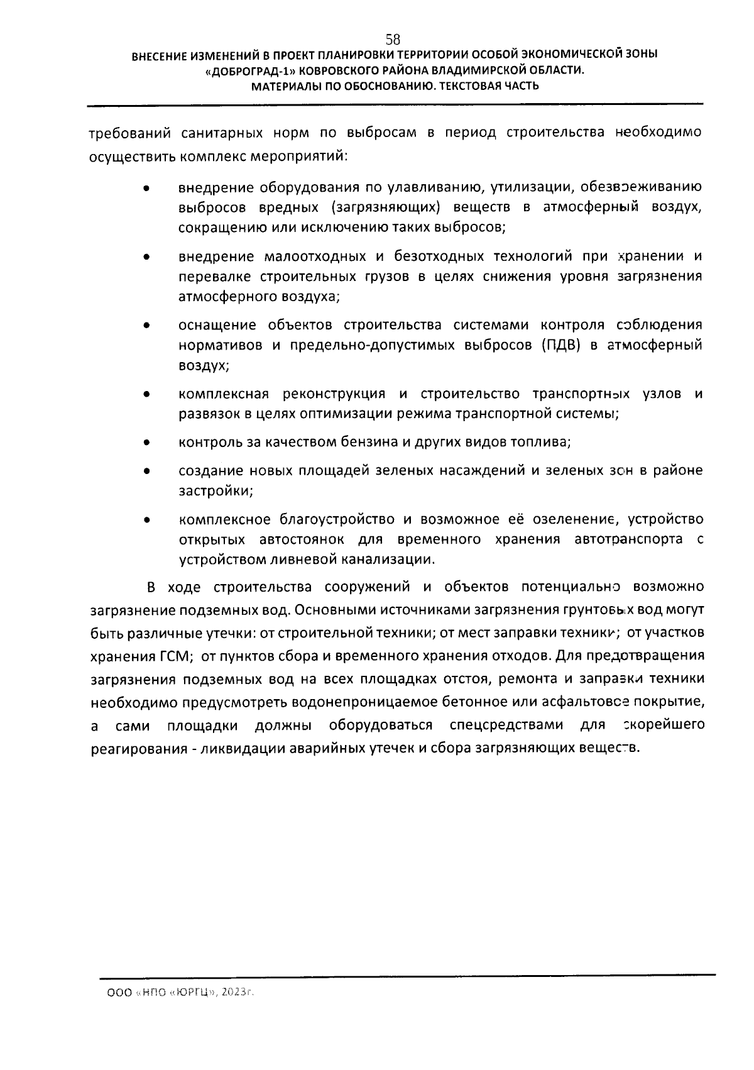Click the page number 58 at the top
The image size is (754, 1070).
pyautogui.click(x=393, y=38)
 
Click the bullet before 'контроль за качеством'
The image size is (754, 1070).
pyautogui.click(x=146, y=443)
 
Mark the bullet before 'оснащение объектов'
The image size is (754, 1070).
pyautogui.click(x=146, y=326)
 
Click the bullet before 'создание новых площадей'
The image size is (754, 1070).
pyautogui.click(x=146, y=471)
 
